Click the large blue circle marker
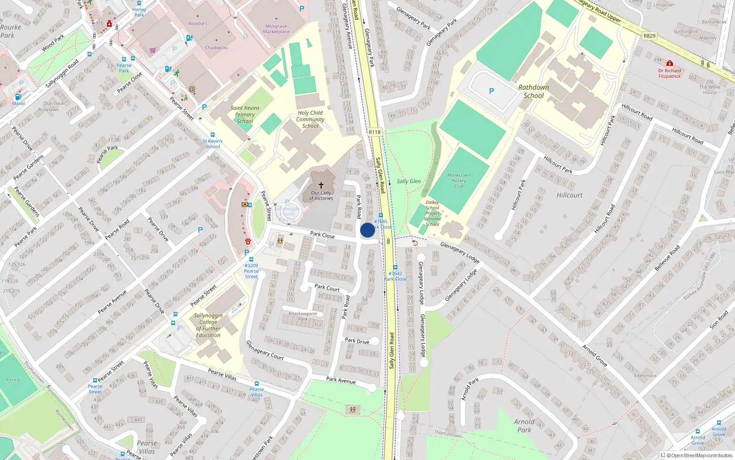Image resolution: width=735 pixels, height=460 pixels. (367, 230)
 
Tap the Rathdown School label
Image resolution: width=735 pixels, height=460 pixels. (533, 92)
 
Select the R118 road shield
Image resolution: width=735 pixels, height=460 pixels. (374, 132)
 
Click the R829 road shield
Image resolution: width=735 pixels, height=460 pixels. (649, 36)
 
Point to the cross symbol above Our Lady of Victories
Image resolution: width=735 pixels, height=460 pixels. (321, 185)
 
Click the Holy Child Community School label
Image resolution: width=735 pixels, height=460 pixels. (310, 119)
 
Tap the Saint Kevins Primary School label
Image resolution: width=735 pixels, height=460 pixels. (245, 115)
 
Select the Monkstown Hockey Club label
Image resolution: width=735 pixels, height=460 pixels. (459, 180)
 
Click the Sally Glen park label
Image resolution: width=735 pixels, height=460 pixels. (408, 181)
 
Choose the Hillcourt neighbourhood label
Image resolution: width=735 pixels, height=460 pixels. (569, 195)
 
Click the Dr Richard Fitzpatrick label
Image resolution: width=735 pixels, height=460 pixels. (669, 74)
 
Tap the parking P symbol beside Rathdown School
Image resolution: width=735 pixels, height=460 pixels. (492, 91)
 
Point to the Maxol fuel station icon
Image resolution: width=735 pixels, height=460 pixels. (18, 97)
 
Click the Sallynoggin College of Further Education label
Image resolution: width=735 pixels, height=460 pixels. (208, 325)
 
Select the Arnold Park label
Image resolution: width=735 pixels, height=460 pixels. (524, 425)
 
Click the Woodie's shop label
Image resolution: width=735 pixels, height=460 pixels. (198, 23)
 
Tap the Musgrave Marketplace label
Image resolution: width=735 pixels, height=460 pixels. (276, 29)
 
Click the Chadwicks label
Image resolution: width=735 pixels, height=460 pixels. (216, 47)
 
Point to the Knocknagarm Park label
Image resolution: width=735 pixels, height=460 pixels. (303, 316)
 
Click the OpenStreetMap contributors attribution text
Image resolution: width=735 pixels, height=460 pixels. (699, 455)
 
